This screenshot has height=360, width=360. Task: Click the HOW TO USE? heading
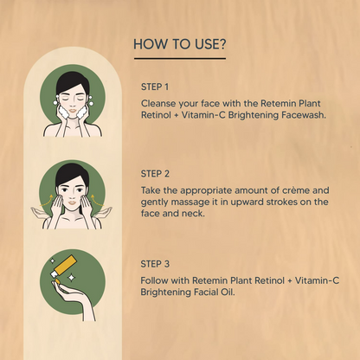(180, 44)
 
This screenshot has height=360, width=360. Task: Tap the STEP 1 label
(155, 87)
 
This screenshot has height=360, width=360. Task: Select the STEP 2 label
(155, 174)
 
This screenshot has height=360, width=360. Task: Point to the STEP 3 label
(155, 264)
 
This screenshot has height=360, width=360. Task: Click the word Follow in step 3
(154, 280)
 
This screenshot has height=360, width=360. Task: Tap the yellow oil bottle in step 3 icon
(64, 266)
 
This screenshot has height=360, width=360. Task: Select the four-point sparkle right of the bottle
(71, 278)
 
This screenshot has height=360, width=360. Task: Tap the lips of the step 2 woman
(73, 202)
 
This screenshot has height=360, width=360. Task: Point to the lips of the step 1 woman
(73, 111)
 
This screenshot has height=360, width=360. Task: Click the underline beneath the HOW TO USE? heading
(180, 59)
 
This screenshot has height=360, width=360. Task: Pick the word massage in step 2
(190, 202)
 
